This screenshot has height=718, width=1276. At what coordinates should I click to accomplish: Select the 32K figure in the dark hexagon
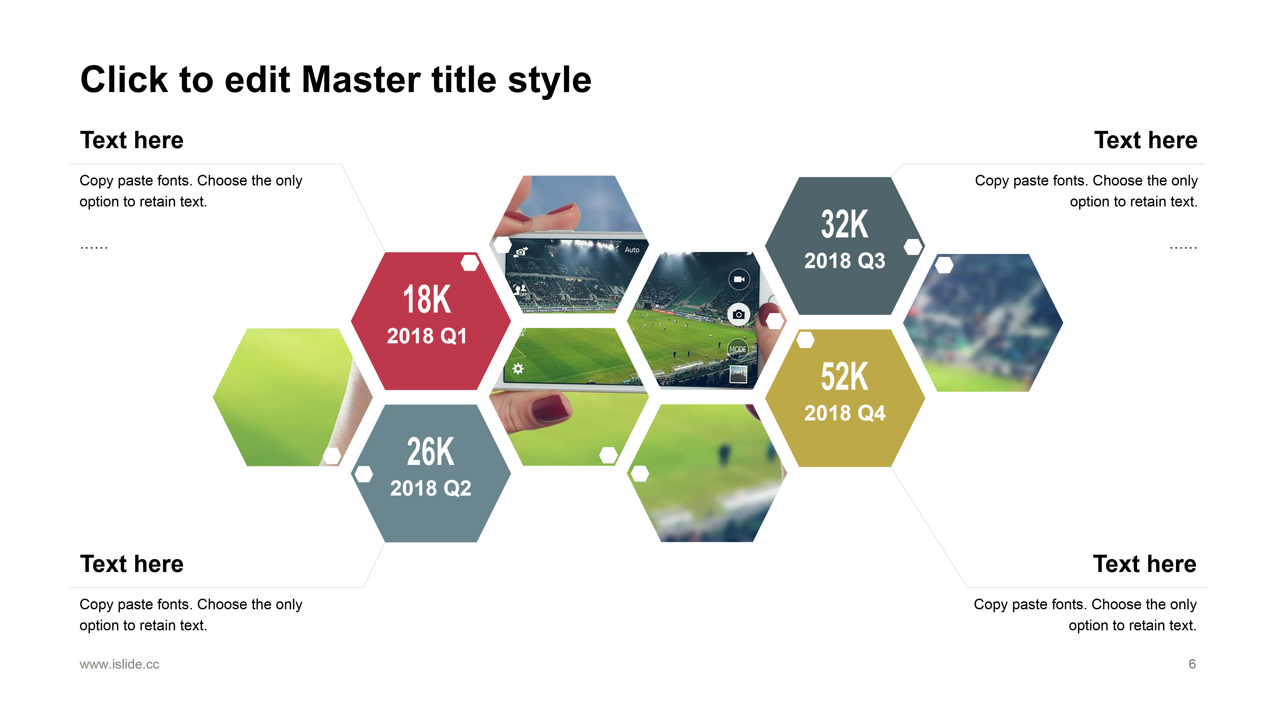pos(845,224)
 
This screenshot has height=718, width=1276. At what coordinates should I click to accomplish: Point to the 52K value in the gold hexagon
pos(845,377)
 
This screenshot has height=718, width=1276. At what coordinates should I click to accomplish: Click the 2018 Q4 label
pos(845,413)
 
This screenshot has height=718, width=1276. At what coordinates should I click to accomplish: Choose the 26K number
pos(430,452)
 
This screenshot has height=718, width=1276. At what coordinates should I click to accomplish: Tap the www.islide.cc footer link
pos(119,664)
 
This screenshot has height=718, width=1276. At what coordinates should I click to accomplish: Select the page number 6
pos(1192,664)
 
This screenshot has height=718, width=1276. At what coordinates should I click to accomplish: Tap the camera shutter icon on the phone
pos(739,315)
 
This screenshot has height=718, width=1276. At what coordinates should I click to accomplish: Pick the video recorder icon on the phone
pos(739,280)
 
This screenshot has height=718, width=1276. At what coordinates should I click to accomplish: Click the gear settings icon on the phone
pos(518,369)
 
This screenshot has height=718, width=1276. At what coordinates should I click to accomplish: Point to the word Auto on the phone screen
pos(632,250)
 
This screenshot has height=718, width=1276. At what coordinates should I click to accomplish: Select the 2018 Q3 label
pos(845,261)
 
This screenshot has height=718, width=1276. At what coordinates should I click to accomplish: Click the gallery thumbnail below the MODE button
pos(738,374)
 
